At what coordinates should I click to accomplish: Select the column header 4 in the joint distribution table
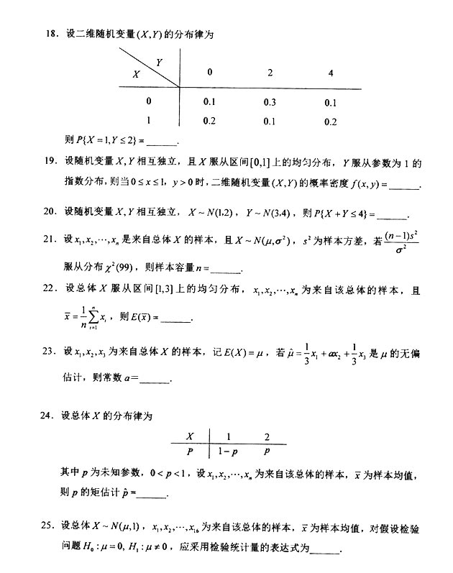pos(330,73)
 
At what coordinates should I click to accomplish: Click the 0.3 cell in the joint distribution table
pos(270,102)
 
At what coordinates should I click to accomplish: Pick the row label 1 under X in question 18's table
pos(148,121)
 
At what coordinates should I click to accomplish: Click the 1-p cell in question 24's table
pos(229,452)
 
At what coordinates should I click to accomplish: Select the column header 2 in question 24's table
pos(267,436)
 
